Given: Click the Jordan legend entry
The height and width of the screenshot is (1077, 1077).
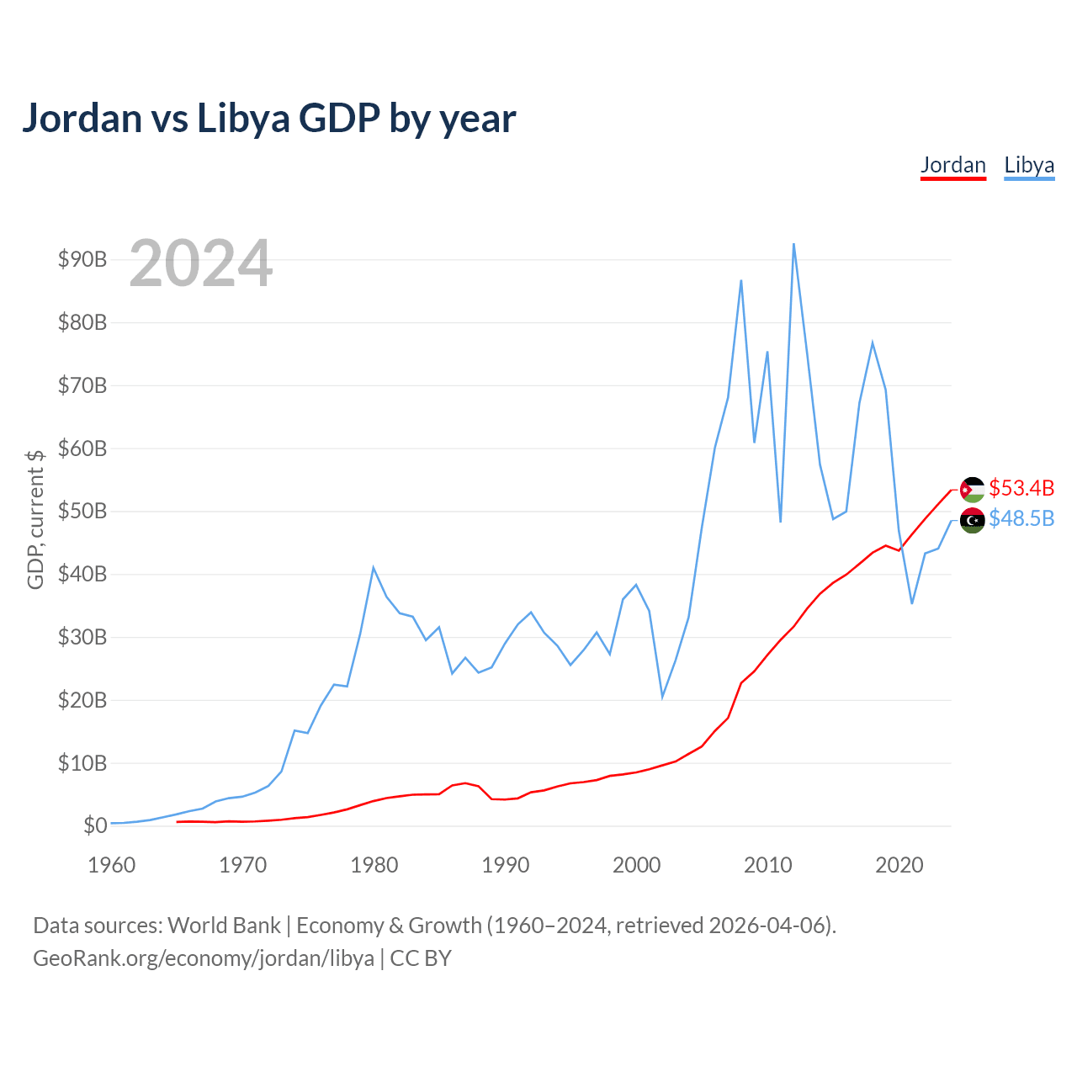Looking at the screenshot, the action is [x=953, y=166].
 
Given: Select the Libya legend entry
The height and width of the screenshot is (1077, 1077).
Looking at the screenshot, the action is [x=1029, y=166].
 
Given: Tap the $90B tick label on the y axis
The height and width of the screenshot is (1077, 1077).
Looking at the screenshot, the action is [x=82, y=259].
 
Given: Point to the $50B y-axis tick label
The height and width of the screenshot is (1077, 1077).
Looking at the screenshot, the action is [x=82, y=511].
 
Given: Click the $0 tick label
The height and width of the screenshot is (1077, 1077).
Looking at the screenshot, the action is [x=95, y=825].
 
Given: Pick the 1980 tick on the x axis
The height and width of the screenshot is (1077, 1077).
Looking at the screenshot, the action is [x=374, y=865].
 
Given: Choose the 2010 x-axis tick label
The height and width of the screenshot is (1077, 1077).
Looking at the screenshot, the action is [x=767, y=865].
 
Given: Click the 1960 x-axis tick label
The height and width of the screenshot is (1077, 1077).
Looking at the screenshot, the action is [x=112, y=865].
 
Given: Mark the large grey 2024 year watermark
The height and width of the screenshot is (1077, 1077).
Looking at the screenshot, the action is [x=201, y=263].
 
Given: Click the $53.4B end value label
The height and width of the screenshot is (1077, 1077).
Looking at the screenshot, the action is [x=1021, y=488].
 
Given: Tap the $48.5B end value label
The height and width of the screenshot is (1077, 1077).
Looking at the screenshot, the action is [x=1021, y=518].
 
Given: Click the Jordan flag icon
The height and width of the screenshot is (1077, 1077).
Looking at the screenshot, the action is [x=972, y=490].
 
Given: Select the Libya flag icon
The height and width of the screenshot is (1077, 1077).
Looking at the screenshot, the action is [x=972, y=520].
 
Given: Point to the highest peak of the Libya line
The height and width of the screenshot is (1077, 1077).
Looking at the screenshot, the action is [x=793, y=244].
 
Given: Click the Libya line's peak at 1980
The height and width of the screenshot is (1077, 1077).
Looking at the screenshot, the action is [x=374, y=569].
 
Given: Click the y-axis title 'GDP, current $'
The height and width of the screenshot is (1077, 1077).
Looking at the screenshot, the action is [x=35, y=519].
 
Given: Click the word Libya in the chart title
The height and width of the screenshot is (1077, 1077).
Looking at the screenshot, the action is [x=243, y=119].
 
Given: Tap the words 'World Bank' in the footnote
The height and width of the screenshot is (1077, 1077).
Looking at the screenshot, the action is [x=224, y=926].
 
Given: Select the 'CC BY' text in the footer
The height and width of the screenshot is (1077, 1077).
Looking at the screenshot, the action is [x=421, y=958].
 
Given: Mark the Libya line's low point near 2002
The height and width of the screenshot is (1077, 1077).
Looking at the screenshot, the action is [x=662, y=697].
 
